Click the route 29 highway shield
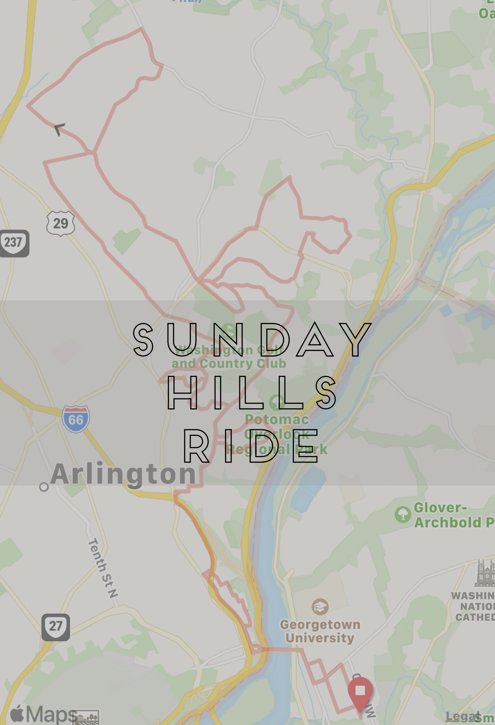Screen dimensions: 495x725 click(61, 223)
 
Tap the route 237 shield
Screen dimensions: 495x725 click(14, 243)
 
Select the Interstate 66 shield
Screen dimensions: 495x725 click(76, 419)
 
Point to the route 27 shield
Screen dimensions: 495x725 click(56, 626)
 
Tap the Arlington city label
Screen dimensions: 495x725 click(123, 474)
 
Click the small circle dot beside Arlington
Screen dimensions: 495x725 click(44, 487)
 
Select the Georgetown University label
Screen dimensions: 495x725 click(320, 631)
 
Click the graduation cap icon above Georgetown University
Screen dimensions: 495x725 click(320, 607)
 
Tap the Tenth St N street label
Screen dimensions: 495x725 click(103, 568)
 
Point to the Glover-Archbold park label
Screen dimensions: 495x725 click(453, 515)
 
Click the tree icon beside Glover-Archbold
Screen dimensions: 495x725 click(403, 514)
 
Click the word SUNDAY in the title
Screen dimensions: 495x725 click(252, 339)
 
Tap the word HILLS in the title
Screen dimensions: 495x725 click(252, 392)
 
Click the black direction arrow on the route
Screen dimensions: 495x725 click(59, 129)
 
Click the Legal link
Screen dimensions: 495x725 click(462, 717)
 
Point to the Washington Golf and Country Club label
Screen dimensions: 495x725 click(229, 357)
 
